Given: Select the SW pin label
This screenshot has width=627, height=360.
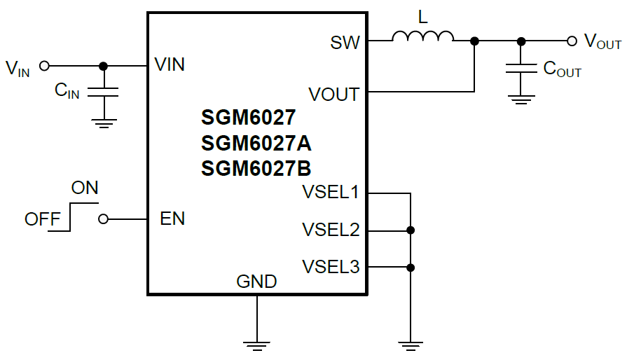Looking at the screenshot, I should click(345, 43).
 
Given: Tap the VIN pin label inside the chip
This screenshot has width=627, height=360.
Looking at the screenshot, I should click(170, 65).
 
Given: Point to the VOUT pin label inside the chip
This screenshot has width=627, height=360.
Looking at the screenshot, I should click(333, 94).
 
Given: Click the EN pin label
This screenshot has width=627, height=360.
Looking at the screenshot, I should click(172, 219).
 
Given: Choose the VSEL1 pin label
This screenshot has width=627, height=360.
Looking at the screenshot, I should click(330, 192).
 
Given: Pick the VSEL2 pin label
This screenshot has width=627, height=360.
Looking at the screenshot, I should click(330, 229).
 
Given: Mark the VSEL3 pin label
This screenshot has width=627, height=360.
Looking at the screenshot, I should click(330, 267).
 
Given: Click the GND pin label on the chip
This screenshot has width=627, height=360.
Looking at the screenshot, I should click(256, 282).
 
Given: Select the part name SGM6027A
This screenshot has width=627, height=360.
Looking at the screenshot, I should click(256, 144).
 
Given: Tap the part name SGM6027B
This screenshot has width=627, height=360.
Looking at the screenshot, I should click(256, 169).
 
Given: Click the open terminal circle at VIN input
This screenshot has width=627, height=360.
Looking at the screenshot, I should click(45, 66).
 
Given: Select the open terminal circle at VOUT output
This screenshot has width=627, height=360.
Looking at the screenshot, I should click(572, 41).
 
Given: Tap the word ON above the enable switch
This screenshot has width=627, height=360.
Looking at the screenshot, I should click(85, 188).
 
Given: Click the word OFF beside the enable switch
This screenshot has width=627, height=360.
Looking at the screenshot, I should click(43, 219).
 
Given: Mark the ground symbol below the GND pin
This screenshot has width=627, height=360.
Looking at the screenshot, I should click(257, 344).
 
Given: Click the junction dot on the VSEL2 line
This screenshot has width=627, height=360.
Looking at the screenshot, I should click(411, 230).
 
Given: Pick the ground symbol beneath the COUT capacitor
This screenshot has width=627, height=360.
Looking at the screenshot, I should click(520, 99).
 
